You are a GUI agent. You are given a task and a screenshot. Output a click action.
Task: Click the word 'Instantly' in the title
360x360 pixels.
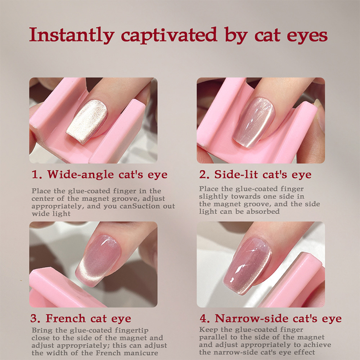72,35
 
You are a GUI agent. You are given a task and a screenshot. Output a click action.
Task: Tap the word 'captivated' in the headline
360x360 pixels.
169,35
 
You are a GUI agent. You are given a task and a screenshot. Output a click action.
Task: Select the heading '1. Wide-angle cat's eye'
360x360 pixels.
99,175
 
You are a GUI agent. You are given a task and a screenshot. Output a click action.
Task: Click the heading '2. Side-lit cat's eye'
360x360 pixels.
255,175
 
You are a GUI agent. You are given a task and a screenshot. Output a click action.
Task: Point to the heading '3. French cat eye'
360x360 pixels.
81,319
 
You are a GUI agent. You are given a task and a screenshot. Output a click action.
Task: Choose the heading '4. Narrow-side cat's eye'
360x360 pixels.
271,319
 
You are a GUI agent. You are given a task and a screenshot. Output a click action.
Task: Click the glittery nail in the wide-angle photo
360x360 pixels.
87,121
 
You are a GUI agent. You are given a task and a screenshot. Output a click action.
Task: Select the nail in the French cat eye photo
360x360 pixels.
98,261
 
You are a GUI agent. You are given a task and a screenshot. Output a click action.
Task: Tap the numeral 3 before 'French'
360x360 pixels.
33,319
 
